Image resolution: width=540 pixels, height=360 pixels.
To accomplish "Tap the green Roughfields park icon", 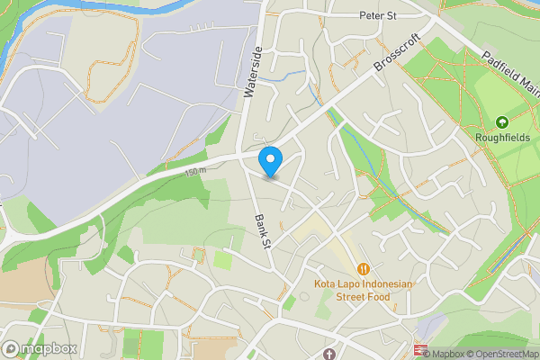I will (502, 122).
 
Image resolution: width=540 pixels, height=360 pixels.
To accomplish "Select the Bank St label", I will (263, 230).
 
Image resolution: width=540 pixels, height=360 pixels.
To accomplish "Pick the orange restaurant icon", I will (364, 268).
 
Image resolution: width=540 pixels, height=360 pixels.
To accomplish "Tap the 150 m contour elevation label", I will (195, 171).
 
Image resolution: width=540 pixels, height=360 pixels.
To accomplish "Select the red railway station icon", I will (421, 350).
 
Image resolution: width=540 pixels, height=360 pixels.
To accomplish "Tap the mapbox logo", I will (40, 348).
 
